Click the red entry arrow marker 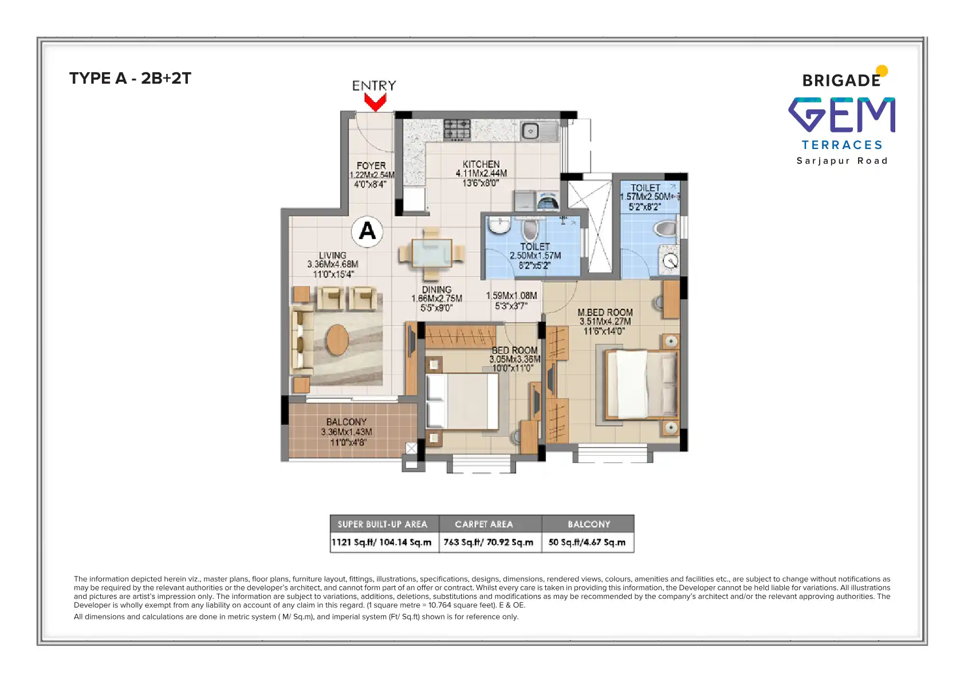click(x=375, y=103)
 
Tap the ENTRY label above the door click(x=374, y=86)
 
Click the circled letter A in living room click(x=367, y=231)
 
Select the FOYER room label click(x=371, y=166)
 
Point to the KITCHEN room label click(x=481, y=164)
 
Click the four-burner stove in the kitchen click(x=457, y=130)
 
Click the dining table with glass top click(x=432, y=253)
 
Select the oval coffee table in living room click(x=337, y=340)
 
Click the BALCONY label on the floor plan click(x=347, y=422)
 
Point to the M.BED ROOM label click(x=605, y=312)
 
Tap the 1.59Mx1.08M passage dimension click(x=511, y=296)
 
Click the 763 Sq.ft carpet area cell click(x=489, y=542)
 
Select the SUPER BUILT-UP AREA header click(x=383, y=524)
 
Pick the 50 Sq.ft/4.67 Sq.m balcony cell click(x=587, y=542)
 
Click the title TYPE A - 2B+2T click(x=130, y=79)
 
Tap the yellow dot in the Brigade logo click(x=882, y=71)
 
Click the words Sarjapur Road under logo click(x=842, y=161)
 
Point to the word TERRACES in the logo click(x=842, y=145)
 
